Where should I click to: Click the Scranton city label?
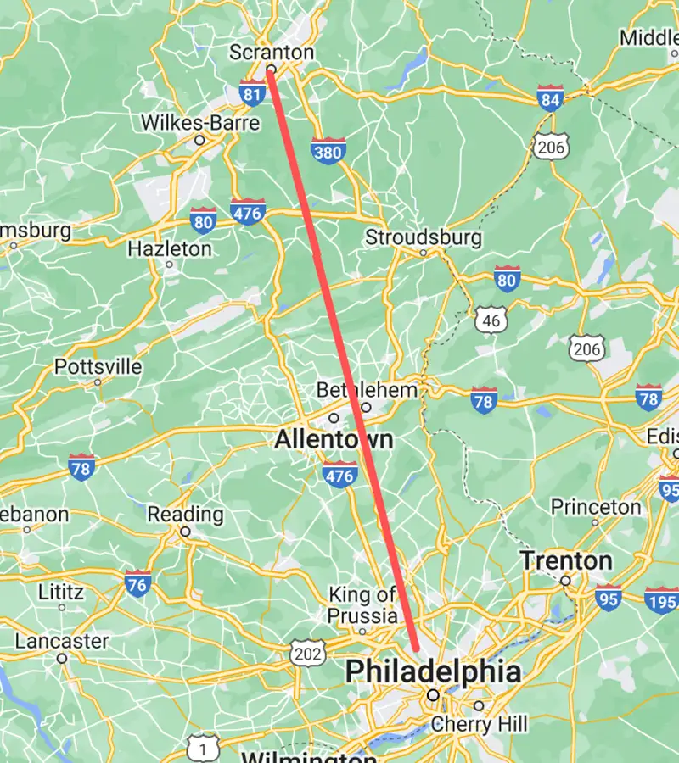click(271, 53)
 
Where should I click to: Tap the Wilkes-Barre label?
click(199, 122)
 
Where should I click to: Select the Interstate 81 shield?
click(252, 93)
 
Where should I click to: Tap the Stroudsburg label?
click(423, 237)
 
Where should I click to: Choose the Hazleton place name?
click(169, 248)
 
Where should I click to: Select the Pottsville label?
click(98, 366)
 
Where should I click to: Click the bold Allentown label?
click(334, 440)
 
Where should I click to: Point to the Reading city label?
click(185, 514)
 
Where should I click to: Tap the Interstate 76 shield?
click(137, 584)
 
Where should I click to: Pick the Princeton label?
click(596, 507)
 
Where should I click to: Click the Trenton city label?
click(566, 560)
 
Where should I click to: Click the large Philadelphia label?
click(433, 671)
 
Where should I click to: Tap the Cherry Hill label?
click(479, 724)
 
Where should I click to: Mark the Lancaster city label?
click(62, 641)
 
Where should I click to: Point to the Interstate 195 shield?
click(660, 599)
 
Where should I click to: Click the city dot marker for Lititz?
click(62, 607)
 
